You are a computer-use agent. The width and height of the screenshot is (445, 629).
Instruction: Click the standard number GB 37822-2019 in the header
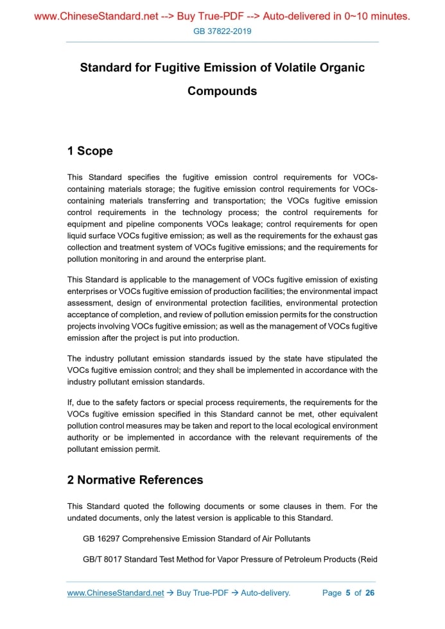tap(222, 31)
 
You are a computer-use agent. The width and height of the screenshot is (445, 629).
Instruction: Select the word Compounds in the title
tap(222, 91)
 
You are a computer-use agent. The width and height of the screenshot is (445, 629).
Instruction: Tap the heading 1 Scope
tap(90, 151)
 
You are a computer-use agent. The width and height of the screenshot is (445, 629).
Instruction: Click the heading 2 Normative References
tap(135, 480)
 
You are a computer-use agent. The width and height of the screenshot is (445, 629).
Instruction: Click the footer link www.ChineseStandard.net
tap(116, 593)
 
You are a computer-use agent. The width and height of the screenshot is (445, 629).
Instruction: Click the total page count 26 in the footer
tap(370, 593)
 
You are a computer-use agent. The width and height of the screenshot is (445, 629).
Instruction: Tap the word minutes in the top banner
tap(390, 16)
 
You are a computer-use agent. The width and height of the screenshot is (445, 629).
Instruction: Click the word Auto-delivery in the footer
tap(265, 593)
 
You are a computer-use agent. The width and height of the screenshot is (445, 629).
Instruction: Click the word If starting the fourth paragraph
tap(70, 402)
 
